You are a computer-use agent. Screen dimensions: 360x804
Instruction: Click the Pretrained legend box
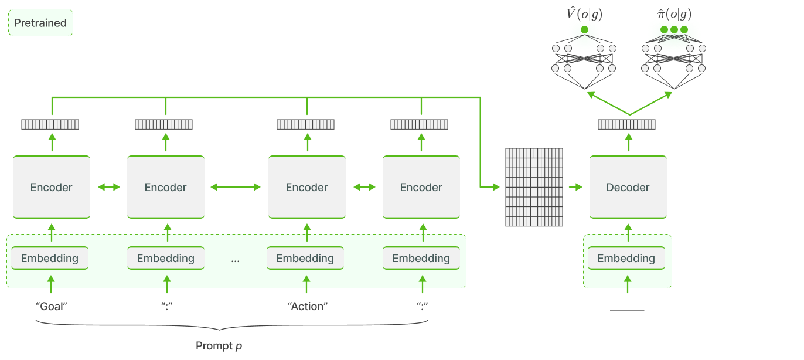(40, 23)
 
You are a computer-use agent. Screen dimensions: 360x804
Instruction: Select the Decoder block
(628, 188)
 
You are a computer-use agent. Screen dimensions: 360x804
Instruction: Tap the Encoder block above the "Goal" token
(51, 188)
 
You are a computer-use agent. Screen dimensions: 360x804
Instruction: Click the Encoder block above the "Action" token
(306, 188)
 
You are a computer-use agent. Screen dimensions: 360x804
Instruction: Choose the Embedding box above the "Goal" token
(50, 259)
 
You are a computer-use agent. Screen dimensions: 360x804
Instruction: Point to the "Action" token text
(307, 306)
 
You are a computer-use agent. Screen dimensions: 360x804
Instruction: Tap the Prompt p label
(219, 346)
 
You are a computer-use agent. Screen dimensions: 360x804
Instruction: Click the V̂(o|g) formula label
(584, 14)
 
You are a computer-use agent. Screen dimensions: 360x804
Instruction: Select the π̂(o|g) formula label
(673, 14)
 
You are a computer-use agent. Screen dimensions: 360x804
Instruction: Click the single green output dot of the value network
(584, 29)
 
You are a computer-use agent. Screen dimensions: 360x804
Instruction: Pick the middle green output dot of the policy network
(674, 29)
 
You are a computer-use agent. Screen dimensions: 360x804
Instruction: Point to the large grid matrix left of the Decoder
(533, 187)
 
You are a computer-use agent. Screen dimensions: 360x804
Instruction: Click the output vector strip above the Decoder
(626, 124)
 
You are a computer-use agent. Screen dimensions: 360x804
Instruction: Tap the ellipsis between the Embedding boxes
(236, 260)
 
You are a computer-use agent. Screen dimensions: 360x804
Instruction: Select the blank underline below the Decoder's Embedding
(626, 310)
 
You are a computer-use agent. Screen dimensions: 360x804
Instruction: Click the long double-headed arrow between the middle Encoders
(236, 187)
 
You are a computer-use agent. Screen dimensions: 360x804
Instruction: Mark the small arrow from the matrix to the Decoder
(575, 187)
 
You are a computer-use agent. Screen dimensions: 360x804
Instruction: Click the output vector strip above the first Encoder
(50, 124)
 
